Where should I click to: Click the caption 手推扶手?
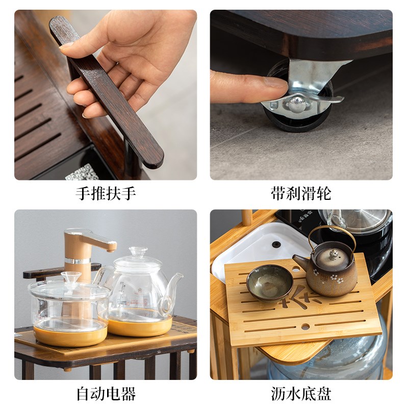click(x=106, y=193)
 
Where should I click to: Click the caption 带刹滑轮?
click(x=301, y=193)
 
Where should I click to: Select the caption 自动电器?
click(x=106, y=394)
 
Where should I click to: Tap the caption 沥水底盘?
click(x=301, y=394)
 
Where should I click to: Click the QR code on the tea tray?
click(x=82, y=172)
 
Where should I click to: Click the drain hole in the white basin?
click(x=277, y=244)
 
